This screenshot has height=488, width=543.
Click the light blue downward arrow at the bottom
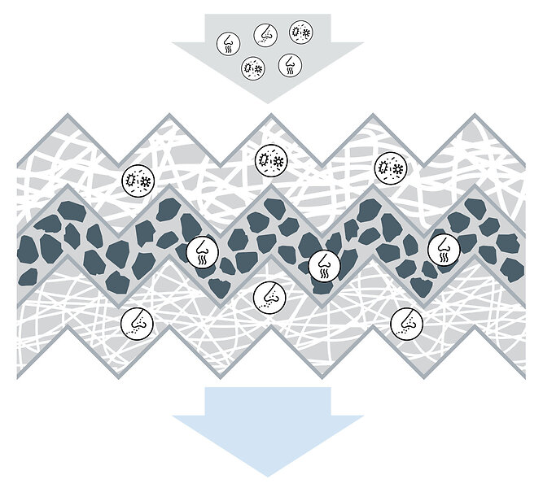267,431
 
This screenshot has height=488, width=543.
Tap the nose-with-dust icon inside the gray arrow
265,34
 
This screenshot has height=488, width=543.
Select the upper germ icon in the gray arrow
300,33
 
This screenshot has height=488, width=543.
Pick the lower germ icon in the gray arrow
253,68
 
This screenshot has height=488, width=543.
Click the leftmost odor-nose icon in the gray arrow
228,43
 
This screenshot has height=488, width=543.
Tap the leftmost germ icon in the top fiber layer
137,180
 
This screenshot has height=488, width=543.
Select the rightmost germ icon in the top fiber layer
390,168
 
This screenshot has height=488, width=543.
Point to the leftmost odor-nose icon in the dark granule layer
201,251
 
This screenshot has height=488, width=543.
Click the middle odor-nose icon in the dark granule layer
323,264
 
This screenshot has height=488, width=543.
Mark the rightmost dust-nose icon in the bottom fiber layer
405,323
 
